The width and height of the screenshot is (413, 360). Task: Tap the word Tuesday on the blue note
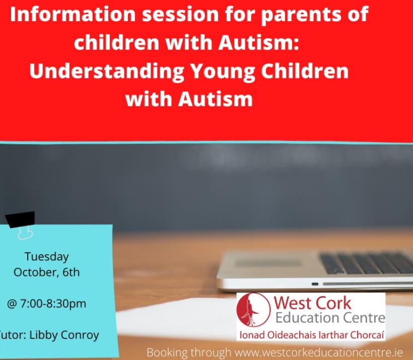tap(46, 257)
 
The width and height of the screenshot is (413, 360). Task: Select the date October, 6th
tap(46, 272)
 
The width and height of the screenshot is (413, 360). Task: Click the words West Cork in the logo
tap(312, 303)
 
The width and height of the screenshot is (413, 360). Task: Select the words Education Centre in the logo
tap(330, 318)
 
